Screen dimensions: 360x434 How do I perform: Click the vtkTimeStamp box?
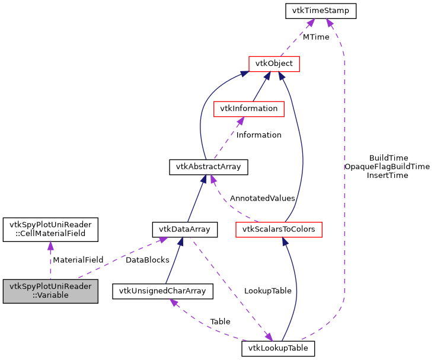coord(320,11)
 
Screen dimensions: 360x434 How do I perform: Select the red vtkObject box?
coord(274,63)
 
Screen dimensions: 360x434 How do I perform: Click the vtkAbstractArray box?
coord(208,167)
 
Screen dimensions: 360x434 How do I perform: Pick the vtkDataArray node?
coord(184,229)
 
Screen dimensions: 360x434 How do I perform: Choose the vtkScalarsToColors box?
coord(279,229)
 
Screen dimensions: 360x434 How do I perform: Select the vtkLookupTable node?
coord(278,348)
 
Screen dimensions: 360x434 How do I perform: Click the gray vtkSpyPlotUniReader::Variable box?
coord(50,291)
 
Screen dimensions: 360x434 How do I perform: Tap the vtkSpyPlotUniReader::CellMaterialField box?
coord(50,229)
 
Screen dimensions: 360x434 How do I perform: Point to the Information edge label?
coord(259,135)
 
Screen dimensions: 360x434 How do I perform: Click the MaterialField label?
coord(78,259)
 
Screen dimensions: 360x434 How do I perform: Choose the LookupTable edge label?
coord(267,291)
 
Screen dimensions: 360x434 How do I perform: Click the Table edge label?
coord(220,321)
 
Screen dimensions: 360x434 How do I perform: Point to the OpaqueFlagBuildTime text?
coord(387,167)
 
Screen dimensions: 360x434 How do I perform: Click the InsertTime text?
coord(387,176)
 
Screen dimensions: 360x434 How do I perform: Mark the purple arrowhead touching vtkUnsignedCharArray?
coord(173,302)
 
